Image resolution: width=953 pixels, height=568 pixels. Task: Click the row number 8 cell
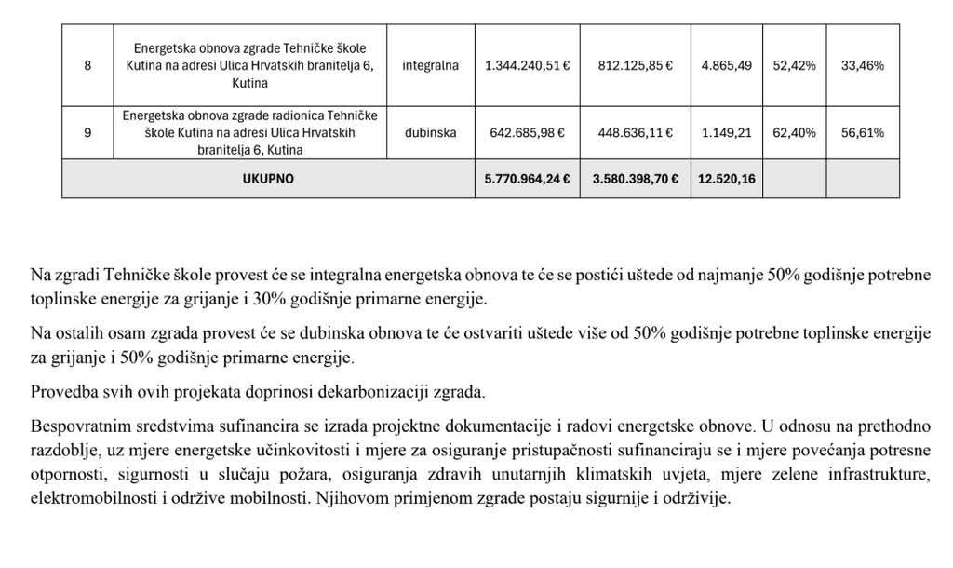pyautogui.click(x=87, y=66)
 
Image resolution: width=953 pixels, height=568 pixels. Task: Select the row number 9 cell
pyautogui.click(x=87, y=132)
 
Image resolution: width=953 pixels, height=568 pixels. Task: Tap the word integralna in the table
pyautogui.click(x=431, y=66)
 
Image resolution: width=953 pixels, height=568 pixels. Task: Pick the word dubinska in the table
pyautogui.click(x=431, y=132)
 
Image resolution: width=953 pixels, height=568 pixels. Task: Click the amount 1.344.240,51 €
pyautogui.click(x=528, y=66)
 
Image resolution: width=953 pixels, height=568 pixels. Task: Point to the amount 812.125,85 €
pyautogui.click(x=636, y=66)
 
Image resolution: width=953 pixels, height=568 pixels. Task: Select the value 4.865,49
pyautogui.click(x=726, y=66)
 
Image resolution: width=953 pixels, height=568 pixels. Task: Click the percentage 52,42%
pyautogui.click(x=794, y=66)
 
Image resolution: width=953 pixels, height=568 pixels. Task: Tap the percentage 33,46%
pyautogui.click(x=862, y=66)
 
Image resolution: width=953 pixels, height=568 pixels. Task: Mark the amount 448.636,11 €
pyautogui.click(x=636, y=132)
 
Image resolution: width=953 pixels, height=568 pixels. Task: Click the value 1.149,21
pyautogui.click(x=726, y=132)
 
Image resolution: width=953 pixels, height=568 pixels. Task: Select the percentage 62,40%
pyautogui.click(x=794, y=132)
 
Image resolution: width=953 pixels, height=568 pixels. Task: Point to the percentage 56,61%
pyautogui.click(x=862, y=132)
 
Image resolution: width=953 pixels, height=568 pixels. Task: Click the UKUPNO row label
pyautogui.click(x=268, y=179)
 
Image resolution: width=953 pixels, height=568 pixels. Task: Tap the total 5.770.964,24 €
pyautogui.click(x=528, y=179)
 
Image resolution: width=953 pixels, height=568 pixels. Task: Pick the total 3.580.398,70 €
pyautogui.click(x=636, y=179)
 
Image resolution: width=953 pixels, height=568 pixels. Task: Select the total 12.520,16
pyautogui.click(x=726, y=179)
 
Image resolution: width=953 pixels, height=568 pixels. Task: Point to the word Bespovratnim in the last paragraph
pyautogui.click(x=76, y=426)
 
